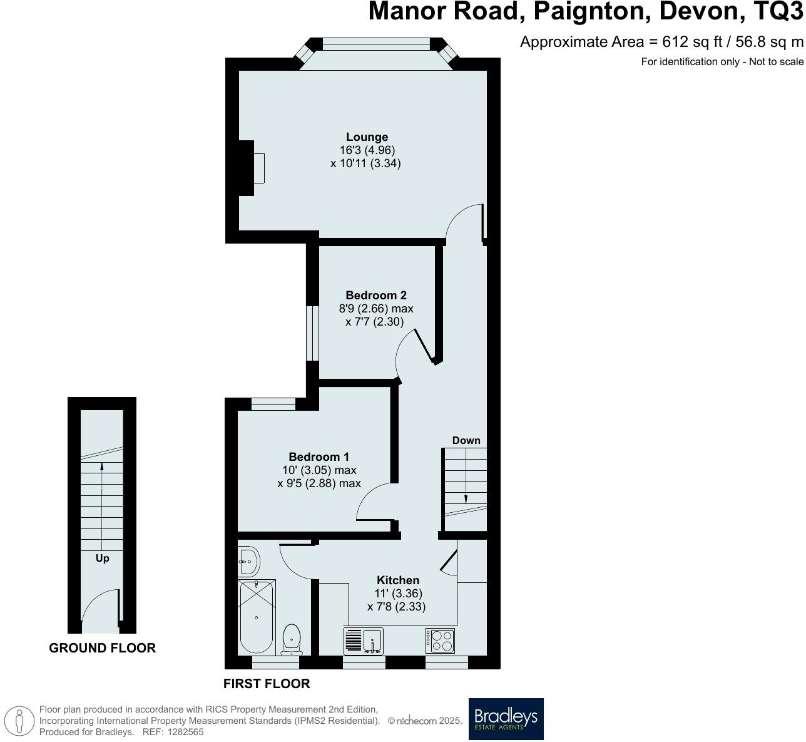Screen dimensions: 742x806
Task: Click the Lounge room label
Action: (367, 137)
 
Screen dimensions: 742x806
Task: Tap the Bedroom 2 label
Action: (376, 296)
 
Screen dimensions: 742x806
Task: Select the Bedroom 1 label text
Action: (319, 457)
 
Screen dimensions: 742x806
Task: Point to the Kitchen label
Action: (397, 580)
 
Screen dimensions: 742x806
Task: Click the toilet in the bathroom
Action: (292, 639)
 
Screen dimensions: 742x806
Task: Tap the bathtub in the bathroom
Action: (256, 617)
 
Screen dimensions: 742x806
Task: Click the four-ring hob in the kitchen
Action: (441, 641)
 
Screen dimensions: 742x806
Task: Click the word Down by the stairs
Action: (466, 440)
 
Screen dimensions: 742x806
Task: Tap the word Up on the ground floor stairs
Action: (102, 558)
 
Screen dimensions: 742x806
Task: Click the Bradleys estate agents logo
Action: (506, 719)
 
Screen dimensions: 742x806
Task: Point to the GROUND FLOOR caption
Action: (102, 648)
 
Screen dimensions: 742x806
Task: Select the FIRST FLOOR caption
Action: (267, 684)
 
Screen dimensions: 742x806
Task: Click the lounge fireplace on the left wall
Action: (249, 168)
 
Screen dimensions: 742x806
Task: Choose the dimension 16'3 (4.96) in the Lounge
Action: (367, 150)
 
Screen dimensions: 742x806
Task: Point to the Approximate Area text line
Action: (661, 42)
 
